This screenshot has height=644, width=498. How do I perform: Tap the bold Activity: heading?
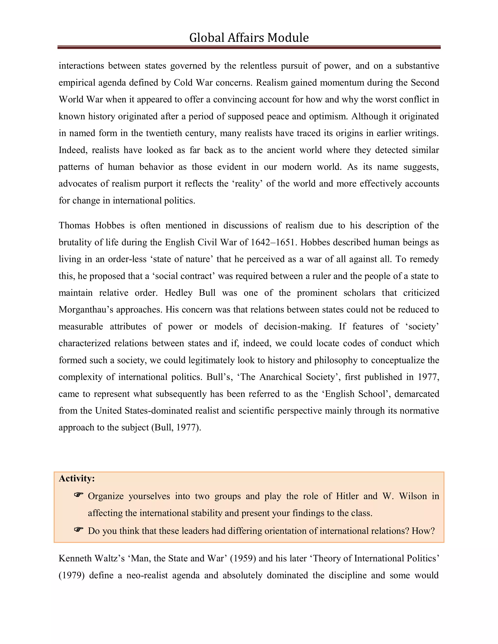click(77, 478)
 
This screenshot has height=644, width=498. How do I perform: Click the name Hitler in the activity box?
click(347, 496)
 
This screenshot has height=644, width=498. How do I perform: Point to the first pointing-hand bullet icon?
click(79, 495)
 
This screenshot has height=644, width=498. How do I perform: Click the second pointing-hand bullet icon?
click(79, 530)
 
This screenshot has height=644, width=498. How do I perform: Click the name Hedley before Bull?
click(178, 293)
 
